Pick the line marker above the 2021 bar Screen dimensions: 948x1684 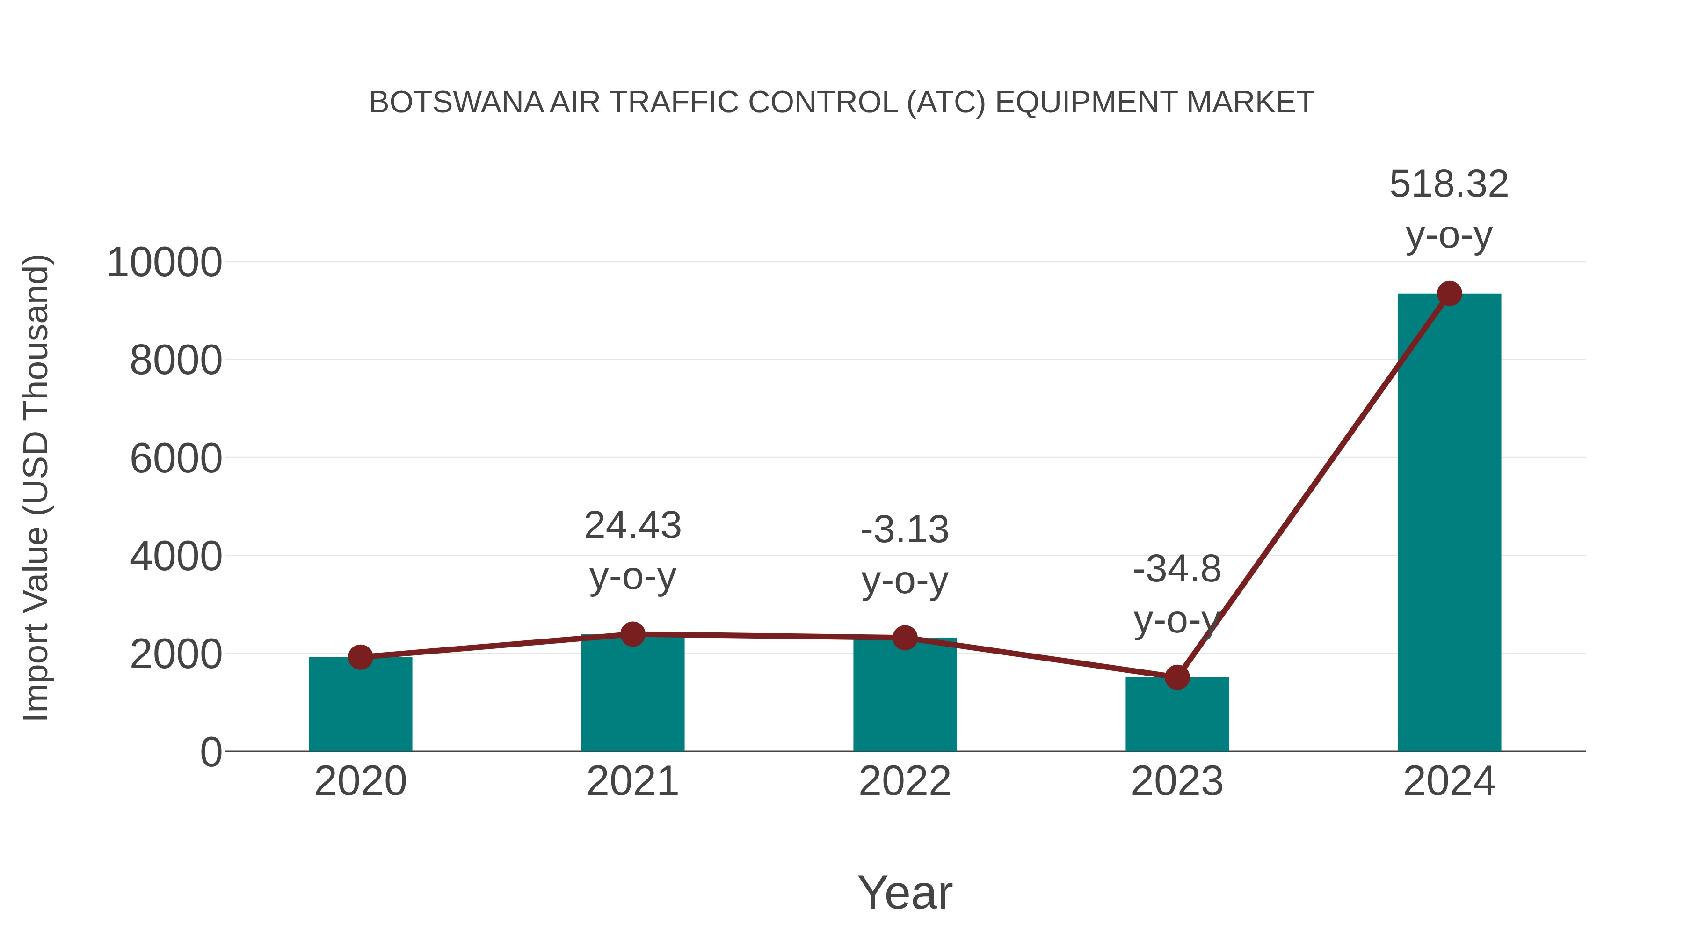pos(632,633)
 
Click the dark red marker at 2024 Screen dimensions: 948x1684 pos(1449,293)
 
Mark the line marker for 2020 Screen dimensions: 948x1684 pos(360,657)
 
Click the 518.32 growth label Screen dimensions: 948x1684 pos(1449,184)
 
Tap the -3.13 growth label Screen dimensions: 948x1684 pos(905,529)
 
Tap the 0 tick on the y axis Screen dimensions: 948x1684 pos(210,752)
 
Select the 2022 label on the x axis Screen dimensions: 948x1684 pos(905,781)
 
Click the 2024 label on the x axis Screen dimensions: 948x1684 pos(1449,781)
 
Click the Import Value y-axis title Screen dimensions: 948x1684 pos(36,487)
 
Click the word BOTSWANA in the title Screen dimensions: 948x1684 pos(456,103)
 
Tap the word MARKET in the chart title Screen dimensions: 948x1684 pos(1250,103)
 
